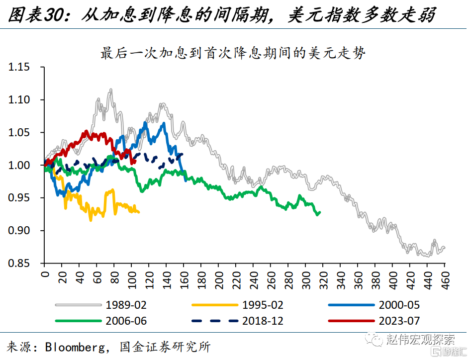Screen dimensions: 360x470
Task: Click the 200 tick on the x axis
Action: pyautogui.click(x=218, y=278)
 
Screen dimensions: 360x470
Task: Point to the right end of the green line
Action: pyautogui.click(x=320, y=212)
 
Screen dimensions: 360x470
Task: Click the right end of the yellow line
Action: pyautogui.click(x=139, y=212)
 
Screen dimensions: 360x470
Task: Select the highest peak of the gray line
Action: pyautogui.click(x=110, y=90)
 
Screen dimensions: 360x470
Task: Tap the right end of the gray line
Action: pyautogui.click(x=444, y=247)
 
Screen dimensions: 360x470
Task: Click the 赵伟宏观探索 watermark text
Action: pyautogui.click(x=420, y=340)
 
